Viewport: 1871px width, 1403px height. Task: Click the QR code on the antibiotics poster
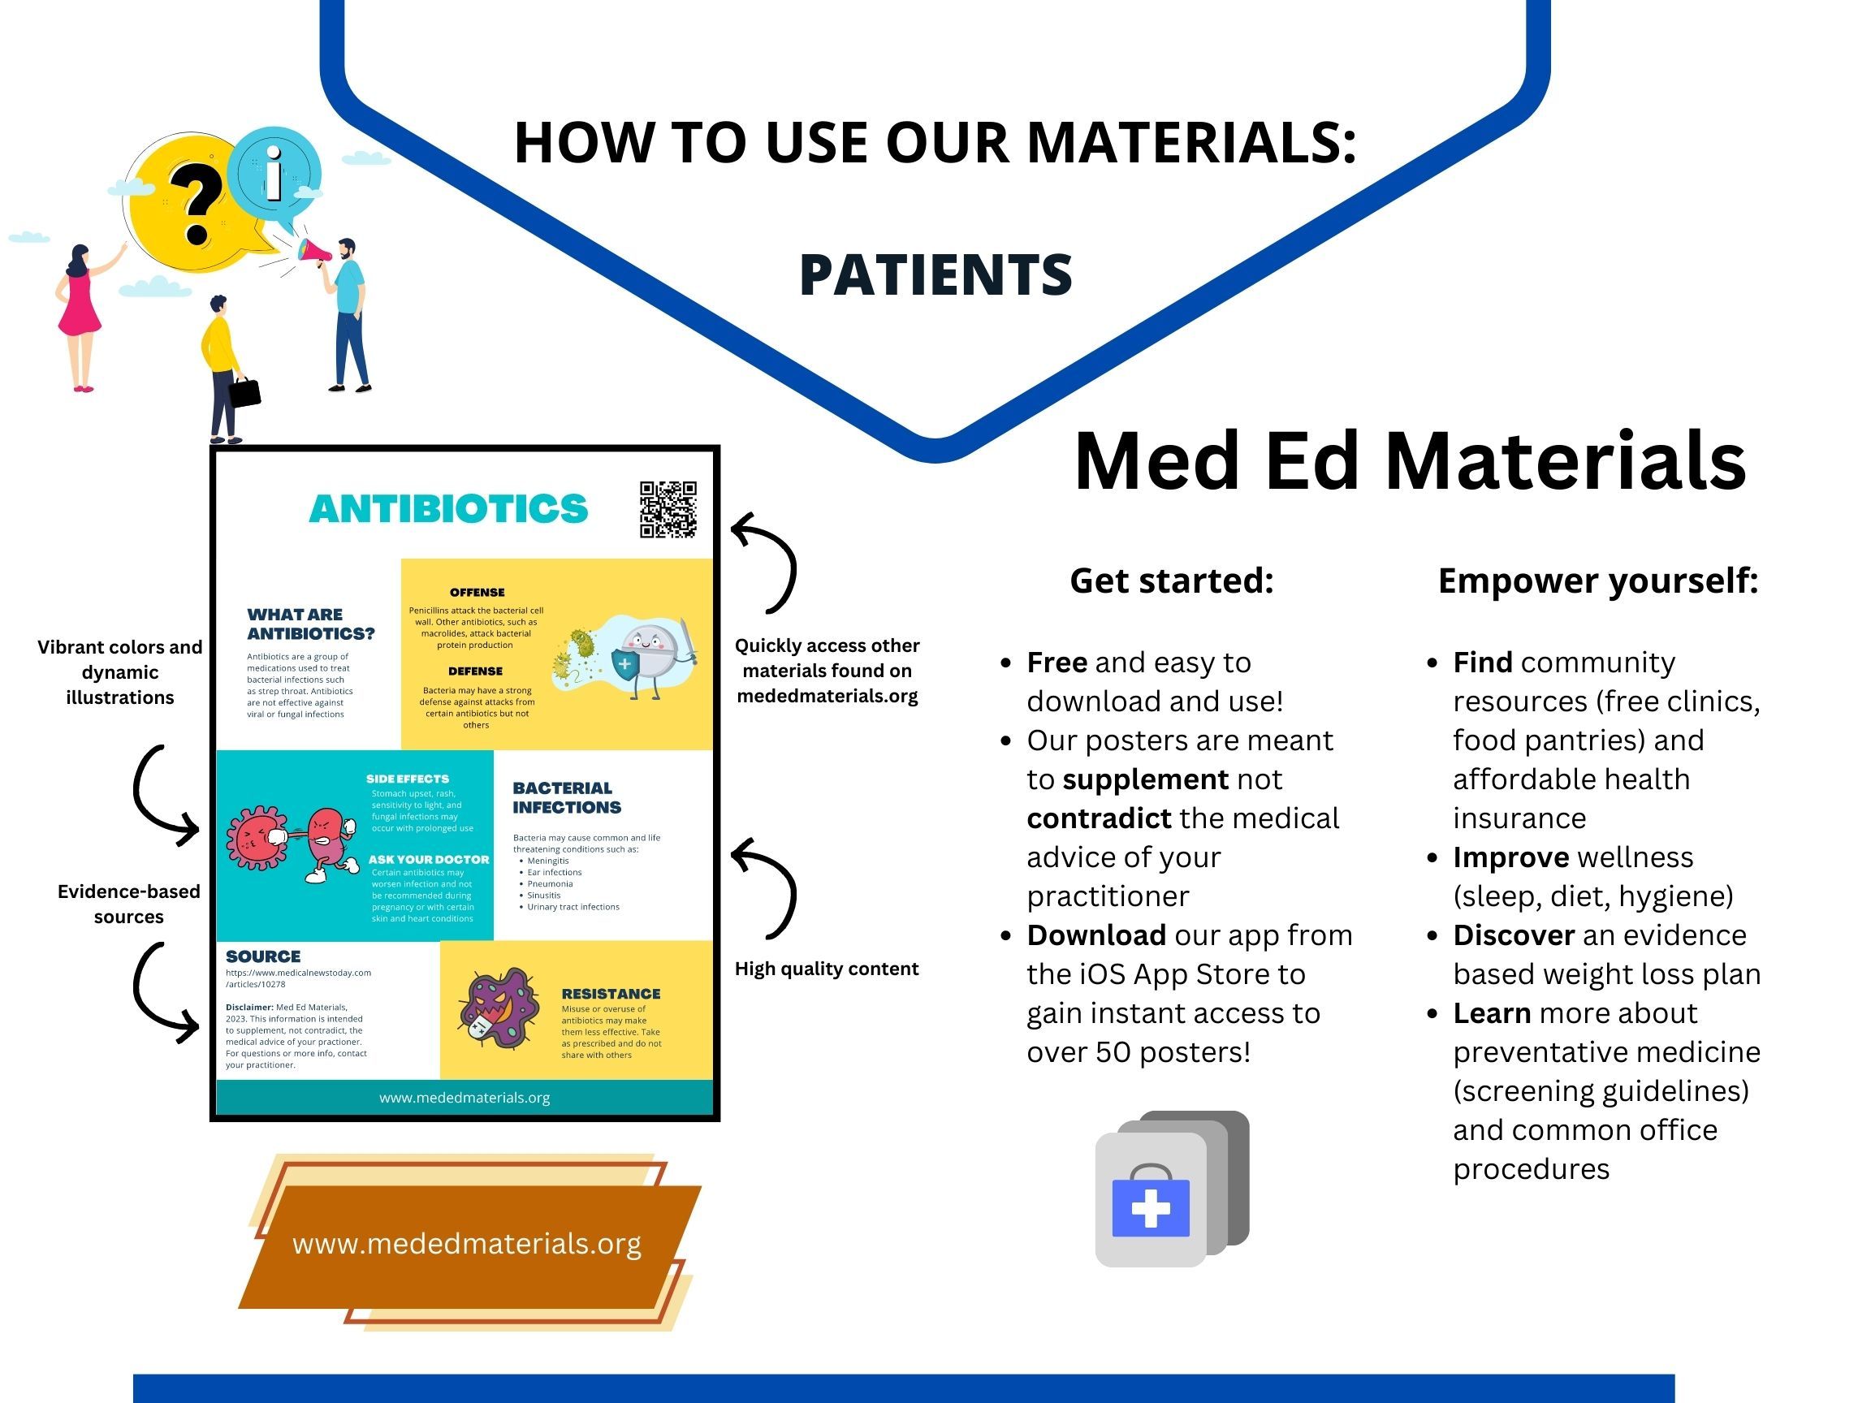click(668, 509)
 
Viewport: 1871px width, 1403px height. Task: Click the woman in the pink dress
click(80, 317)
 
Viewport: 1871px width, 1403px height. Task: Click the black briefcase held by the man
click(244, 391)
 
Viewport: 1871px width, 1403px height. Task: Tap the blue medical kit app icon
click(1173, 1188)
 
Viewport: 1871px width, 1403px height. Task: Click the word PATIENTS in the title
click(935, 275)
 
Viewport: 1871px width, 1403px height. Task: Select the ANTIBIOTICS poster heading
click(448, 509)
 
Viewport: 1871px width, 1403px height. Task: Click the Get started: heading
click(1172, 581)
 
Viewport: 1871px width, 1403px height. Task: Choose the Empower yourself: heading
click(1598, 581)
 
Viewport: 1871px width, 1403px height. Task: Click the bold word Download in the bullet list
click(1096, 935)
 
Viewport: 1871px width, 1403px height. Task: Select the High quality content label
click(827, 969)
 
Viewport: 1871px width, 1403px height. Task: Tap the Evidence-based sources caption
click(128, 903)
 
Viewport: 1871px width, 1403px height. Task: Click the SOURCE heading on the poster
click(263, 956)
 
